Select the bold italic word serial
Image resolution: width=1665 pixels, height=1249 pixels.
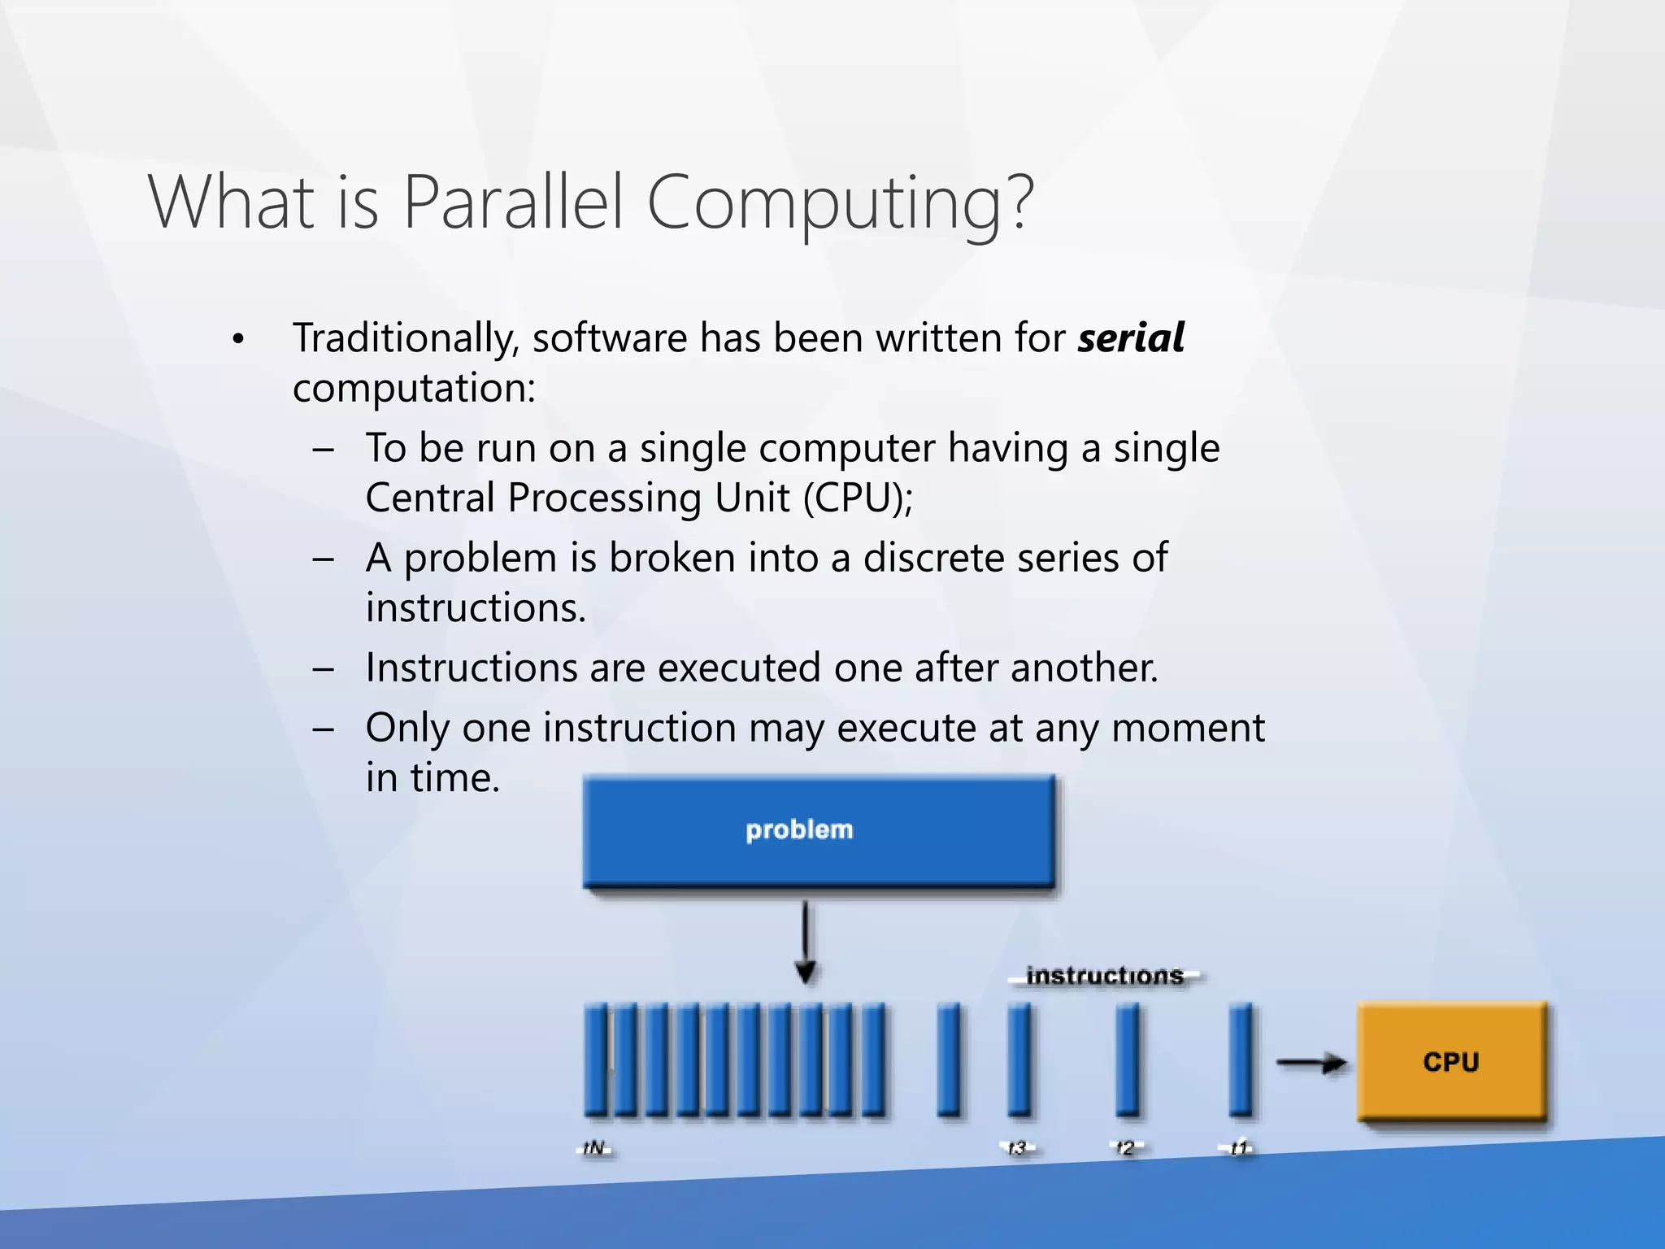point(1131,337)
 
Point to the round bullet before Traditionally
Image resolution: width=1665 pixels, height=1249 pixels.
point(237,340)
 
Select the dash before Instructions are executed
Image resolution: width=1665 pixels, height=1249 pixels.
point(324,668)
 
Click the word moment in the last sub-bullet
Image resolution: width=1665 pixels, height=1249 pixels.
point(1188,728)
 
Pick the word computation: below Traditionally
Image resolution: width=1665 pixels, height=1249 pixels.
point(414,388)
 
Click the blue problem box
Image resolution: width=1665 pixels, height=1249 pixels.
point(819,830)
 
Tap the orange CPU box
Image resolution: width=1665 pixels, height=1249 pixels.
point(1451,1061)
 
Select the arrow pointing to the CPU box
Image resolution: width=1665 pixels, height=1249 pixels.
point(1310,1062)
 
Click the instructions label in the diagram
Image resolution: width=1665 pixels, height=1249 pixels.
point(1104,975)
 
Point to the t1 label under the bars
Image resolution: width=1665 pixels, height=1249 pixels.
point(1237,1148)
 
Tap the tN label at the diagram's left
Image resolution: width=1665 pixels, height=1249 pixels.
point(595,1148)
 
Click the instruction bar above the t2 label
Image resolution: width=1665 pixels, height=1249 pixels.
point(1127,1059)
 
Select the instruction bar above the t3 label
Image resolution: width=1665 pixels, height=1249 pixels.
point(1019,1059)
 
